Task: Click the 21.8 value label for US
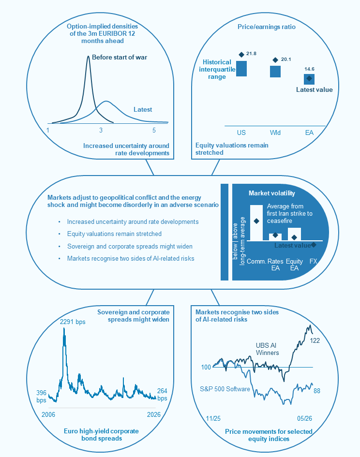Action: [x=251, y=54]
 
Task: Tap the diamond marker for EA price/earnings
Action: [x=309, y=78]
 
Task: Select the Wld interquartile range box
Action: [x=275, y=72]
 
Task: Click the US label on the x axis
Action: [x=241, y=133]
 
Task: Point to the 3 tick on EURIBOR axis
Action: [x=101, y=130]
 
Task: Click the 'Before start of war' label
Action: [x=120, y=57]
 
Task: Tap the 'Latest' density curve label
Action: [x=143, y=110]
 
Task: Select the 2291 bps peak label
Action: [x=73, y=322]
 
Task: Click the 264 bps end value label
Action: [x=162, y=395]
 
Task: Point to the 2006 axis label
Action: [x=48, y=414]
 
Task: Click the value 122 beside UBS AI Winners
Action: [x=315, y=340]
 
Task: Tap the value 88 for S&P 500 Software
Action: [x=317, y=391]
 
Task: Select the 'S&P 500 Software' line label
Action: [x=225, y=389]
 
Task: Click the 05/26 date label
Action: [x=304, y=418]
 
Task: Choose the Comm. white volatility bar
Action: [x=256, y=222]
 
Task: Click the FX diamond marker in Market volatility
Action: [x=314, y=245]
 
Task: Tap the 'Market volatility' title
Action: [x=272, y=193]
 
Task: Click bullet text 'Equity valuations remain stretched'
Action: [x=114, y=234]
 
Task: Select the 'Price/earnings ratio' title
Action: [x=266, y=27]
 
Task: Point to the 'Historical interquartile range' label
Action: [x=217, y=69]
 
